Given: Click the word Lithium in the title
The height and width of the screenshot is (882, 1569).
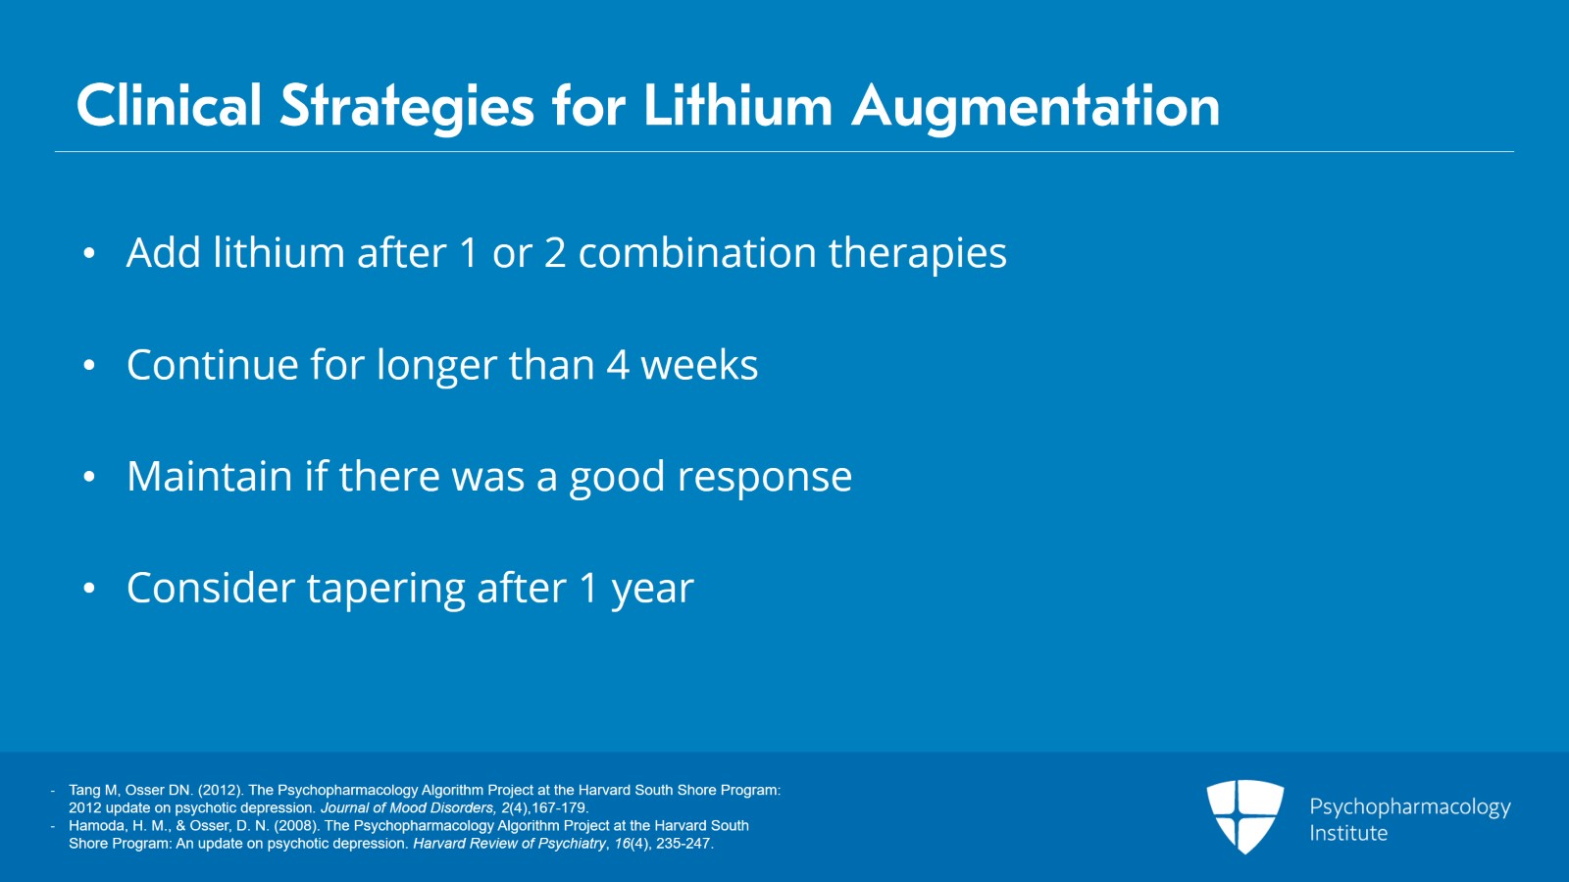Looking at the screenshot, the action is tap(737, 106).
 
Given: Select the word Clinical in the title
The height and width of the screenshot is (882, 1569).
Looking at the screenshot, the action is tap(169, 106).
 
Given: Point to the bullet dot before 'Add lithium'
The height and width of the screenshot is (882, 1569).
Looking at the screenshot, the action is tap(89, 253).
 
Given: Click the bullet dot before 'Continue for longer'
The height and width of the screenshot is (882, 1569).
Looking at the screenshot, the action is tap(89, 365).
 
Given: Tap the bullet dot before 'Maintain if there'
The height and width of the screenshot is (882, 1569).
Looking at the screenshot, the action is tap(89, 477).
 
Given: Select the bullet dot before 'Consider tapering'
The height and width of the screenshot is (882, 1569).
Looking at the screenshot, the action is tap(89, 588).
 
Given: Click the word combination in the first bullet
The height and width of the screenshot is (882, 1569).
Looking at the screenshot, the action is tap(697, 252).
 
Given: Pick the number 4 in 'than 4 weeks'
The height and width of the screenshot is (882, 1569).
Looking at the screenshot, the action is tap(617, 365).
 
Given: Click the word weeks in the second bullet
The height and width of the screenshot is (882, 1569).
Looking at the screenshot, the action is tap(699, 365).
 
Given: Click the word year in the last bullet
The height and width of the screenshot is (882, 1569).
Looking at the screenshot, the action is tap(653, 591).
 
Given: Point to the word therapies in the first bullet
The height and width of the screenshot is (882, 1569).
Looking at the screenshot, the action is tap(918, 253).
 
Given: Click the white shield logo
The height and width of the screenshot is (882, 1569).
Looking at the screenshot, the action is tap(1244, 816).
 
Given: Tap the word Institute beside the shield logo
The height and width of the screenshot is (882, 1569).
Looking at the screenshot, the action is tap(1348, 833).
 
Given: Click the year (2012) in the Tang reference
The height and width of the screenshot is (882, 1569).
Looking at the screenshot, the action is tap(220, 790).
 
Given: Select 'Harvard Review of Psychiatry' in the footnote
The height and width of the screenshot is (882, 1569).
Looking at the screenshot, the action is tap(509, 844).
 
